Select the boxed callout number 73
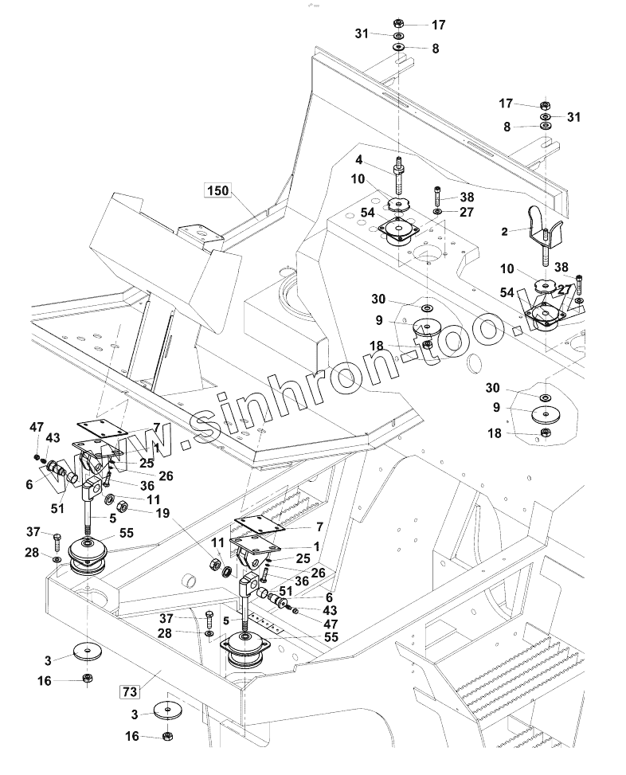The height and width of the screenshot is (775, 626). pyautogui.click(x=129, y=689)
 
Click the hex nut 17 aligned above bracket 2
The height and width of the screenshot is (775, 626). pyautogui.click(x=546, y=104)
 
